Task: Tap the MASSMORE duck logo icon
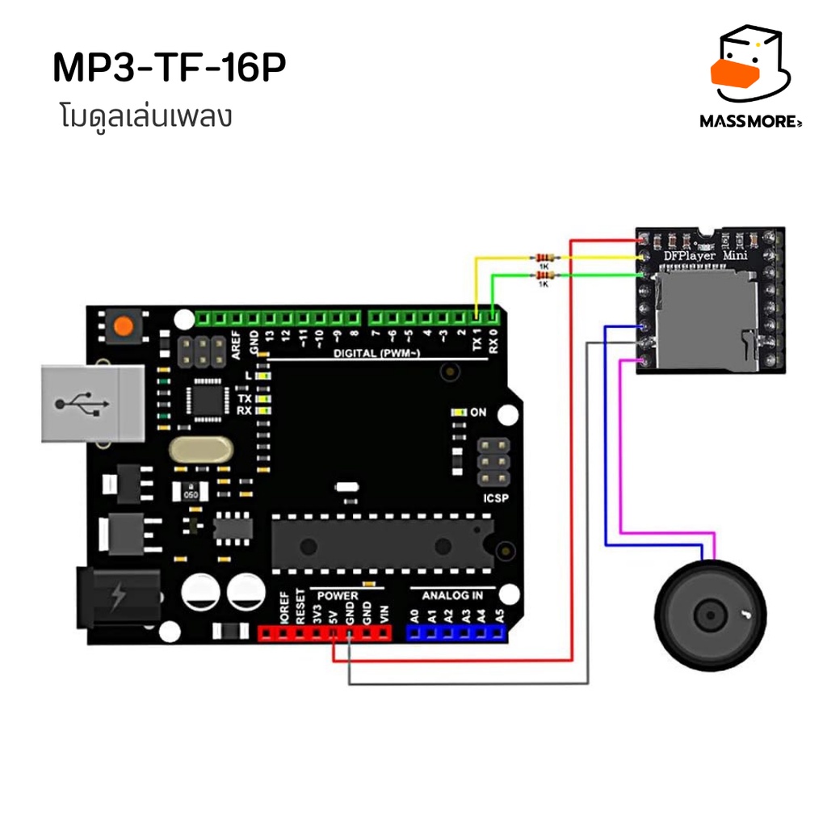[x=748, y=68]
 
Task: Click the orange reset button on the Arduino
[x=124, y=327]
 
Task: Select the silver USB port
[x=93, y=403]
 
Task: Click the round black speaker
[x=710, y=615]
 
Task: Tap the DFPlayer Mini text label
[x=704, y=256]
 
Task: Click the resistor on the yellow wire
[x=544, y=258]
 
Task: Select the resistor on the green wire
[x=544, y=276]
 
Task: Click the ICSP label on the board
[x=496, y=498]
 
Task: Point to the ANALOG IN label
[x=454, y=595]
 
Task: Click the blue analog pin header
[x=456, y=633]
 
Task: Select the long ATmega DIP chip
[x=383, y=542]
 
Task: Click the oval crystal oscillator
[x=199, y=451]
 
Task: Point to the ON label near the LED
[x=478, y=413]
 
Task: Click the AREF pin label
[x=237, y=344]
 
